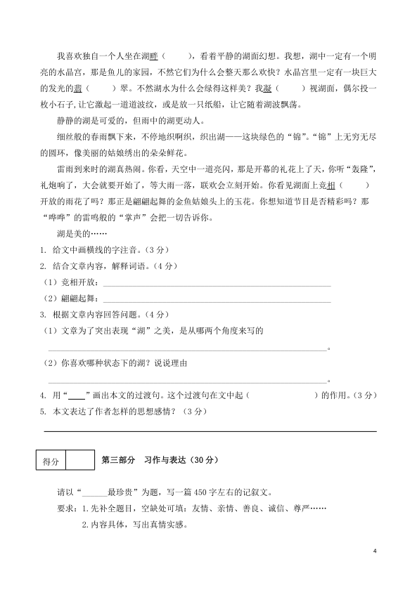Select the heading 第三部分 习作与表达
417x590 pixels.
click(x=161, y=461)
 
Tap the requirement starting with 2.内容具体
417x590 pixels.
click(x=136, y=524)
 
